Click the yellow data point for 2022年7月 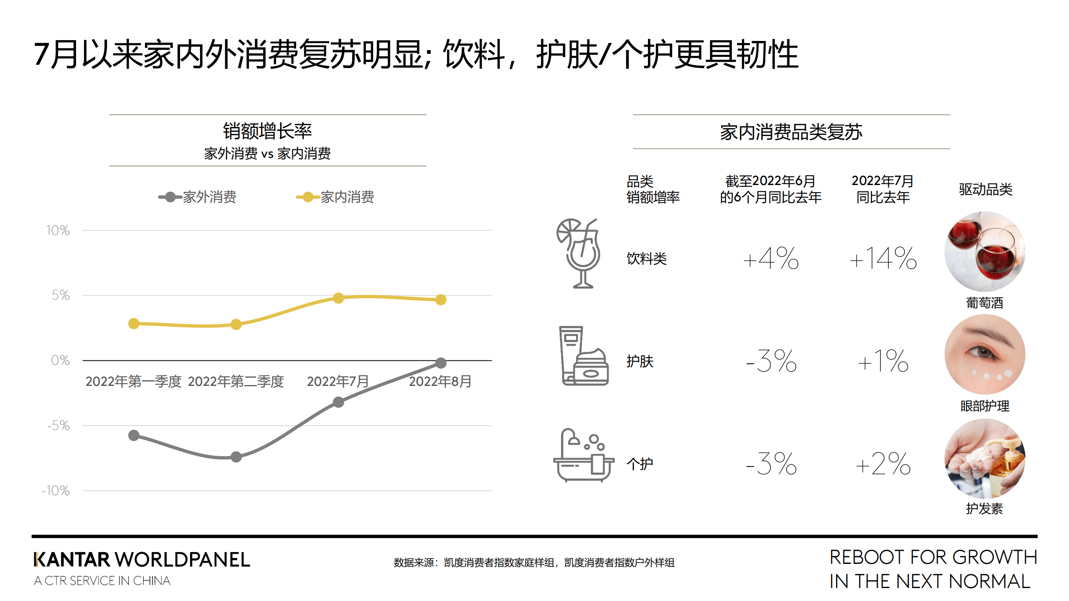coord(338,298)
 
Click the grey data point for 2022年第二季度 coord(236,456)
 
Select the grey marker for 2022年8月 coord(441,363)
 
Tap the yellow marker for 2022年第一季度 coord(134,323)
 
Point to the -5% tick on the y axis coord(58,426)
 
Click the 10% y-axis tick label coord(58,230)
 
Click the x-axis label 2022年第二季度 coord(236,381)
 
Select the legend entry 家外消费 coord(197,197)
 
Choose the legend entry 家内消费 coord(335,197)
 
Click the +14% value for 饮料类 coord(883,258)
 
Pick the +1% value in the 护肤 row coord(883,361)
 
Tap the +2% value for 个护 coord(883,464)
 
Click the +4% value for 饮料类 coord(771,258)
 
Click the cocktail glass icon coord(579,253)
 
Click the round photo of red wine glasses coord(985,251)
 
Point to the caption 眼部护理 coord(985,406)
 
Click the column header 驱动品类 coord(985,189)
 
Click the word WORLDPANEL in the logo coord(182,559)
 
